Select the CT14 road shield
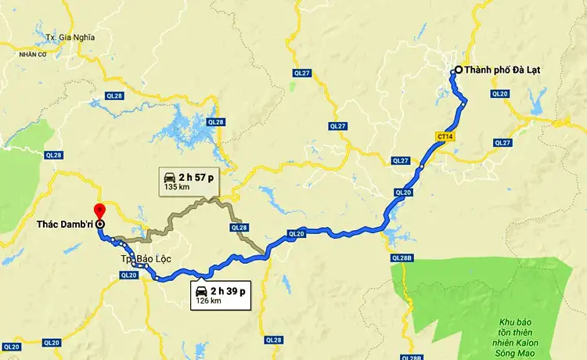[x=446, y=136]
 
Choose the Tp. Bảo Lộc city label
[x=146, y=258]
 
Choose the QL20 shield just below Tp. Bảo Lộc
[x=129, y=275]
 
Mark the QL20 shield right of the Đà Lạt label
[x=499, y=94]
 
